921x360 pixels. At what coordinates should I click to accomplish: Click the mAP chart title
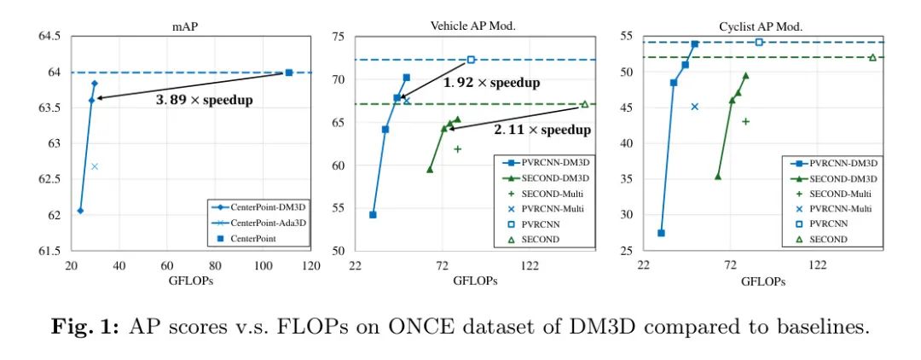[x=185, y=26]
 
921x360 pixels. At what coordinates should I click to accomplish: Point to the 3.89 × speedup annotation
[x=204, y=100]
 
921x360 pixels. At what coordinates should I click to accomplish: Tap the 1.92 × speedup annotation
[x=491, y=83]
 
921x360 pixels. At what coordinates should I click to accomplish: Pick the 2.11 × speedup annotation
[x=542, y=130]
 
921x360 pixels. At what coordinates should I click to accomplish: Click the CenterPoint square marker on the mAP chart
[x=288, y=73]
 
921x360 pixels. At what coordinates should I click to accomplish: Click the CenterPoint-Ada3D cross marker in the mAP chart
[x=95, y=165]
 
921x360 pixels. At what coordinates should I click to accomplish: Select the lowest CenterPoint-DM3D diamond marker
[x=80, y=210]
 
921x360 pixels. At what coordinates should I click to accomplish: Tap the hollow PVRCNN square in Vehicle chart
[x=471, y=60]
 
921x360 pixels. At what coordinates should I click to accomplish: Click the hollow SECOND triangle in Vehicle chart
[x=585, y=104]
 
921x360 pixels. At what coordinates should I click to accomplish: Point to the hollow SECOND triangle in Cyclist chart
[x=872, y=57]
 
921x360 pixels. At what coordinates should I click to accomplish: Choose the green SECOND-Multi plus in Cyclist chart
[x=745, y=121]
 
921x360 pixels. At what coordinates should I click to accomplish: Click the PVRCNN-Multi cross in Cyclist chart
[x=694, y=107]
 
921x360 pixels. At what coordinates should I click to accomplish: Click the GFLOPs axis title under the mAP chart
[x=190, y=281]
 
